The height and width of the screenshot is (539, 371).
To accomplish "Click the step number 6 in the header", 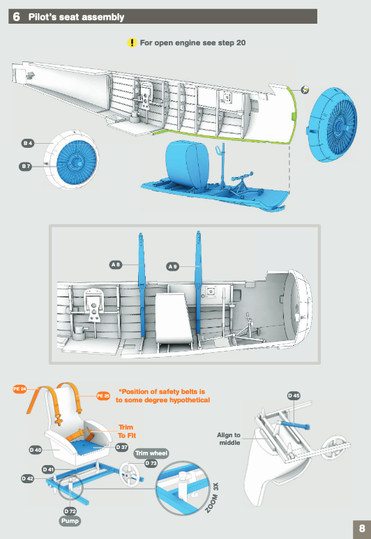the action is tap(16, 17).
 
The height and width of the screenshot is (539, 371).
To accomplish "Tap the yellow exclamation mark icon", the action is tap(132, 43).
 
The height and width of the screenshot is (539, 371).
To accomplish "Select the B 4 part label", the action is tap(28, 143).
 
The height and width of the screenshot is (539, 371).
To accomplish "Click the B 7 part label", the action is tap(25, 167).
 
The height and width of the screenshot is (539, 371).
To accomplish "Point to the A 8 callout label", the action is tap(116, 265).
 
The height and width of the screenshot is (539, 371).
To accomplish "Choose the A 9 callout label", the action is tap(173, 266).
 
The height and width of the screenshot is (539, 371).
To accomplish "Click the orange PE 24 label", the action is tap(20, 389).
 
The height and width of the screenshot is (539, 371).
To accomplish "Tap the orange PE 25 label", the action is tap(103, 395).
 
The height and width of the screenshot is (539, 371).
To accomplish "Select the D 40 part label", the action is tap(36, 450).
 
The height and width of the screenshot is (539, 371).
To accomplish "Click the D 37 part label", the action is tap(122, 447).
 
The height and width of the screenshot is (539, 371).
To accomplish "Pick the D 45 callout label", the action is tap(294, 395).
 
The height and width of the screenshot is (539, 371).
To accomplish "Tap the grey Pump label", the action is tap(70, 521).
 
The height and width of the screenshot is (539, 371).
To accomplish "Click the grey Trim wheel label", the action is tap(151, 453).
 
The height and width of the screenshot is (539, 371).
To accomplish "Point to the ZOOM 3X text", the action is tap(212, 498).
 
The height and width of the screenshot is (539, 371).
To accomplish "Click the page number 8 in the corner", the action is tap(362, 529).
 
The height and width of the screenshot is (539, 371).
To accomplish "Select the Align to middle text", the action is tap(229, 439).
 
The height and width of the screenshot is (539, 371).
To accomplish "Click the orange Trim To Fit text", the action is tap(126, 431).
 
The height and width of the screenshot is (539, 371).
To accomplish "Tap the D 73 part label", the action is tap(151, 463).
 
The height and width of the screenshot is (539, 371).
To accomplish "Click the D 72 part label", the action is tap(70, 511).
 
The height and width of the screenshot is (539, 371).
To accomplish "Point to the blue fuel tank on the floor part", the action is tap(188, 165).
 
